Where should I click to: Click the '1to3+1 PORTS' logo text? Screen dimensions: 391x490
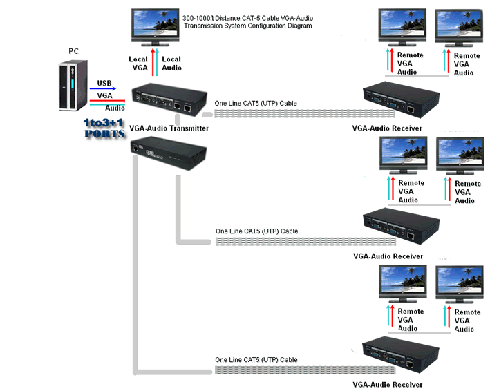[x=104, y=128]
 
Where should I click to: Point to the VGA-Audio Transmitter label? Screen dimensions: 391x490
[x=169, y=128]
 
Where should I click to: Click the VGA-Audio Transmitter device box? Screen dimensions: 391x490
[x=170, y=101]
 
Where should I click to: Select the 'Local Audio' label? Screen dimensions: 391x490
[x=171, y=64]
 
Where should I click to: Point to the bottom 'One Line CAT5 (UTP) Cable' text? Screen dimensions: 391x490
[x=256, y=360]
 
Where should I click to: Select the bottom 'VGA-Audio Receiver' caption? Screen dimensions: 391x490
[x=387, y=385]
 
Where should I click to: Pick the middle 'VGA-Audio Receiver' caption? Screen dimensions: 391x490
[x=388, y=256]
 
